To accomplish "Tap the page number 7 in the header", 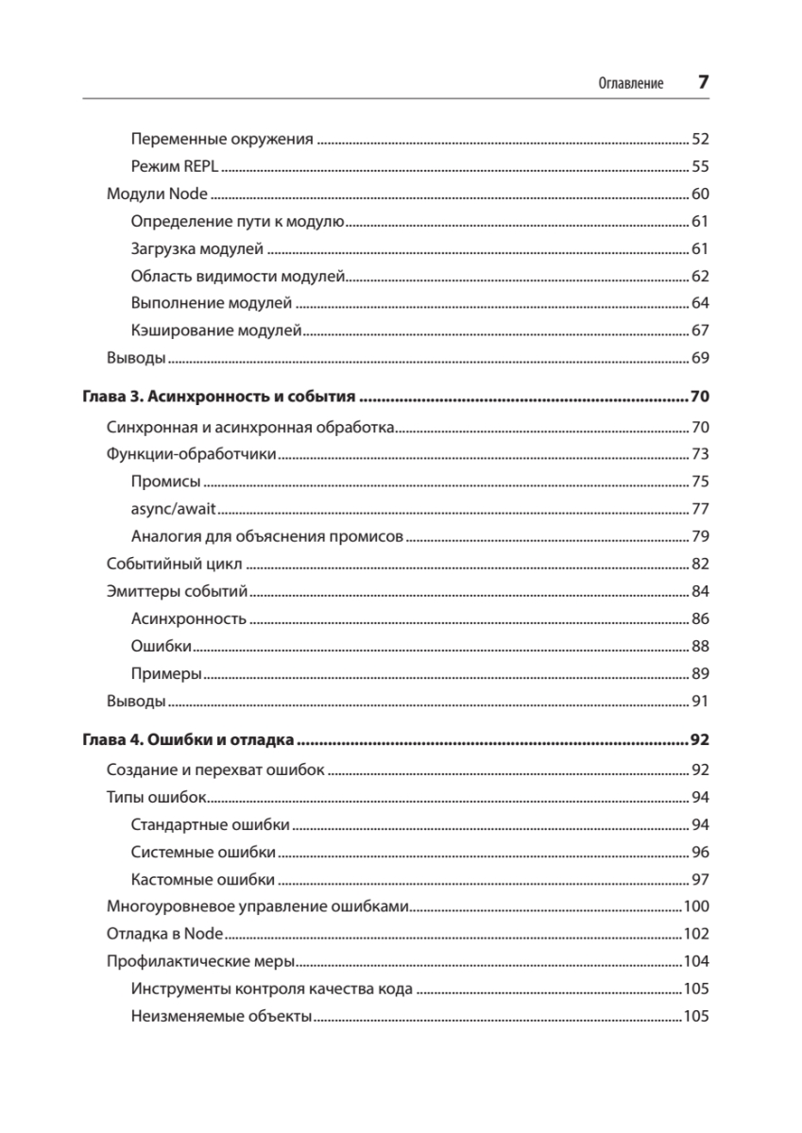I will [703, 82].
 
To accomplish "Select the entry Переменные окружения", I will [222, 140].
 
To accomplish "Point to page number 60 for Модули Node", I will [700, 194].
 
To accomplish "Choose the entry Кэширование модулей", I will [216, 330].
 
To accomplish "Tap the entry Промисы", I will [165, 482].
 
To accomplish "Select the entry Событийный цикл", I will [175, 565].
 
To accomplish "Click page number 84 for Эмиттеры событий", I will [700, 592].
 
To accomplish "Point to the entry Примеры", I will [167, 674].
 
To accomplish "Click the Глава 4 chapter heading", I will [190, 740].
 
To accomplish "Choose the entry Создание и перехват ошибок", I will [215, 770].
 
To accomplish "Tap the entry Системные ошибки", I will [204, 853].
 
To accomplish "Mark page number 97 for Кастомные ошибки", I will [700, 880].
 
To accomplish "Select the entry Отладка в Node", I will [164, 935].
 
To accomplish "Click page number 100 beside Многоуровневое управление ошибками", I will [696, 907].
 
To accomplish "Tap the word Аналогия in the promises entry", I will [162, 537].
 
